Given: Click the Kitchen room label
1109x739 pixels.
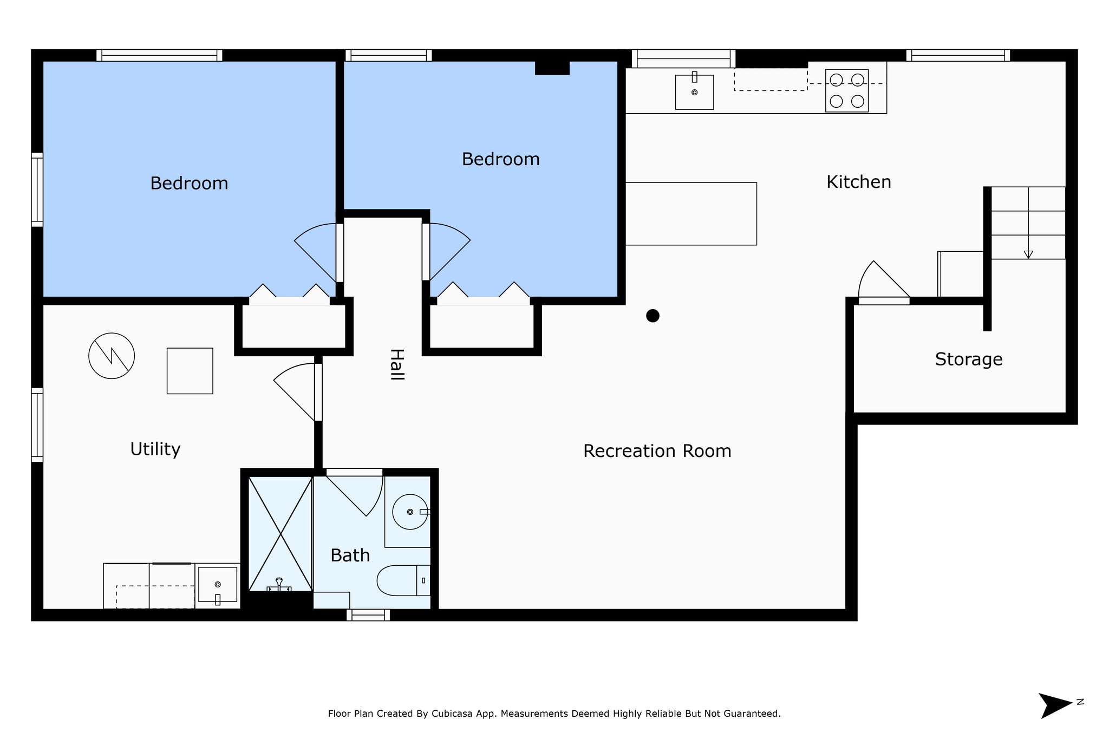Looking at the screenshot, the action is tap(858, 182).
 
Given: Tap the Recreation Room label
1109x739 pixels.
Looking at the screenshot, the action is tap(657, 451).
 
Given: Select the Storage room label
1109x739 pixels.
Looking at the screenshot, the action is tap(968, 359).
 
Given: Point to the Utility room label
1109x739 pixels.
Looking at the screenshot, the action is tap(155, 449).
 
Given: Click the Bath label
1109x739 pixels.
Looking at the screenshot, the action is tap(350, 555).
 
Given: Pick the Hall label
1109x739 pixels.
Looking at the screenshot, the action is tap(397, 364).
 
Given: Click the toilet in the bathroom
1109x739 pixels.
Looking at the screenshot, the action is tap(403, 580).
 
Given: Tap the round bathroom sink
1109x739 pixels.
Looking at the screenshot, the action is tap(410, 512).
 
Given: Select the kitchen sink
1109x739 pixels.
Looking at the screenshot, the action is tap(694, 91).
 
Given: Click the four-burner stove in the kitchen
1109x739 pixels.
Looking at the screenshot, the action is tap(847, 90).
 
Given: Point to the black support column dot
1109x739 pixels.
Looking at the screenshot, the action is tap(653, 316).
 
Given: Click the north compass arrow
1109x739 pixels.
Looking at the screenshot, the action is tap(1055, 705).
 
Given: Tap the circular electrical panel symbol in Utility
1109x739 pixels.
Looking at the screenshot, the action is tap(112, 356).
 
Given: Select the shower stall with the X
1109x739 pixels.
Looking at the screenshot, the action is tap(280, 534).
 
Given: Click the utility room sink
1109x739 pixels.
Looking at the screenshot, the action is tap(218, 585).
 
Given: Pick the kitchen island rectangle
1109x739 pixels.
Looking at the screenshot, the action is tap(691, 214).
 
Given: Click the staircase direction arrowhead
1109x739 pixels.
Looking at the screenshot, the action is tap(1028, 255).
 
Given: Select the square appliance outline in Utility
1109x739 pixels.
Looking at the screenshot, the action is tap(190, 371).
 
